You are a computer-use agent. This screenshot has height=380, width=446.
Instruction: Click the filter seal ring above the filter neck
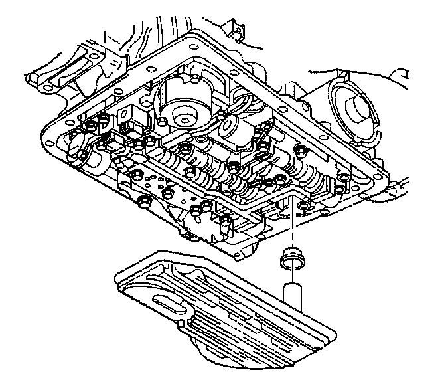coord(291,255)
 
